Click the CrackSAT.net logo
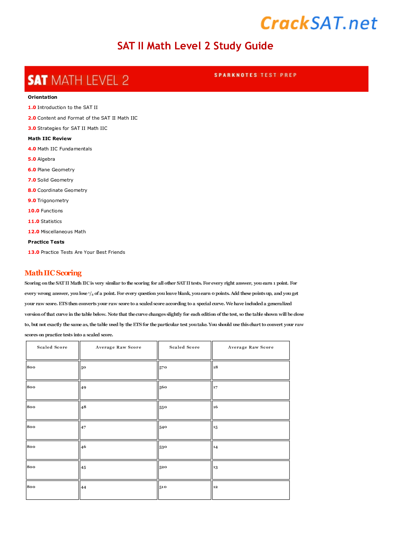(319, 23)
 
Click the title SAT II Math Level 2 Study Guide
(195, 46)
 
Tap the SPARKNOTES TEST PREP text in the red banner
(255, 75)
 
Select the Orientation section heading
(42, 97)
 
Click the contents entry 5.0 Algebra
(41, 159)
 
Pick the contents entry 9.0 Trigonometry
(48, 200)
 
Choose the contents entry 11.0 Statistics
(45, 221)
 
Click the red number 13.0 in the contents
(33, 252)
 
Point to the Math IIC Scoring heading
(53, 273)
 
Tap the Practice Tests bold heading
(46, 242)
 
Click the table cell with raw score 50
(118, 370)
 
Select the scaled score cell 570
(184, 370)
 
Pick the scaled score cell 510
(184, 490)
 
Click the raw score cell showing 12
(251, 490)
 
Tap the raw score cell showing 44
(118, 490)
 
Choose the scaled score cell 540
(184, 430)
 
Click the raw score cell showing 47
(118, 430)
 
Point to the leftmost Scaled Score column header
(52, 347)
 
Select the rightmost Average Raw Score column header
(251, 347)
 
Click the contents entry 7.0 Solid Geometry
(51, 180)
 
